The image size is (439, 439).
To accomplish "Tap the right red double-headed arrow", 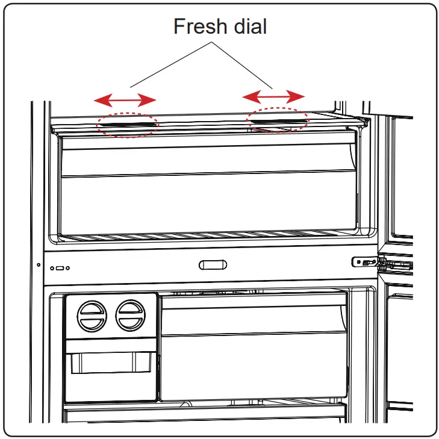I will tap(273, 96).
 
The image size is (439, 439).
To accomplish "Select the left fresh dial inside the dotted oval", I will tap(128, 124).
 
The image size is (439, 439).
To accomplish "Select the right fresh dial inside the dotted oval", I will tap(278, 120).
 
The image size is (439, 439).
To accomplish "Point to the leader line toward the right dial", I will tap(241, 66).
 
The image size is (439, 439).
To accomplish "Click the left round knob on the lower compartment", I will tap(90, 315).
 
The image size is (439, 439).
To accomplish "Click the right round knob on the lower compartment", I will tap(130, 315).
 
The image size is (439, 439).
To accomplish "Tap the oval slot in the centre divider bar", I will tap(213, 264).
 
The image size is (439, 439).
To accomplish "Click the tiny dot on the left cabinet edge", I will tap(38, 264).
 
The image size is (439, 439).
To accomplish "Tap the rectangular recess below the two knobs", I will tap(108, 364).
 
